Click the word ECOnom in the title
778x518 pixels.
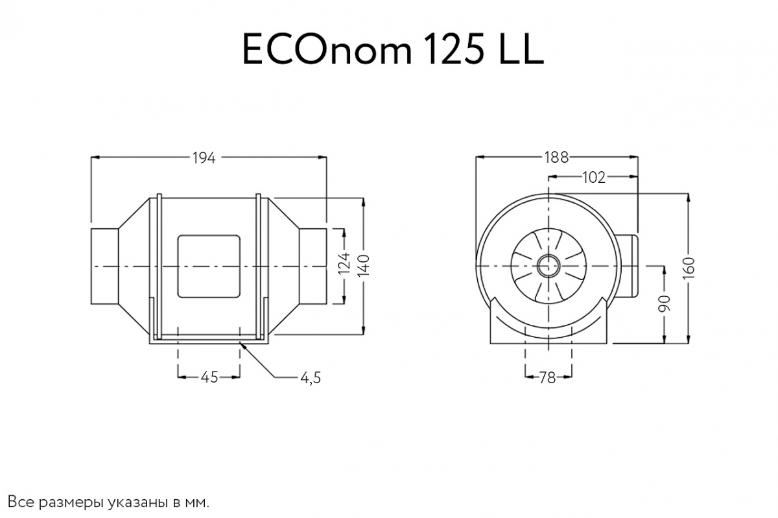(x=326, y=51)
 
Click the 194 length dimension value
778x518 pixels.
(x=204, y=158)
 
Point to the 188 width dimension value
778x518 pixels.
(x=556, y=157)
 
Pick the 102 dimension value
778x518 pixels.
(x=593, y=176)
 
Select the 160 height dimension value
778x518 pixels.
(x=689, y=266)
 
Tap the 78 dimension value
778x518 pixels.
(x=548, y=377)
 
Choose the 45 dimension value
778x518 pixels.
(x=209, y=377)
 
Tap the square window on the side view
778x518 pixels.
(x=209, y=266)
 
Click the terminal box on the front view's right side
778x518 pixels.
(x=626, y=266)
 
